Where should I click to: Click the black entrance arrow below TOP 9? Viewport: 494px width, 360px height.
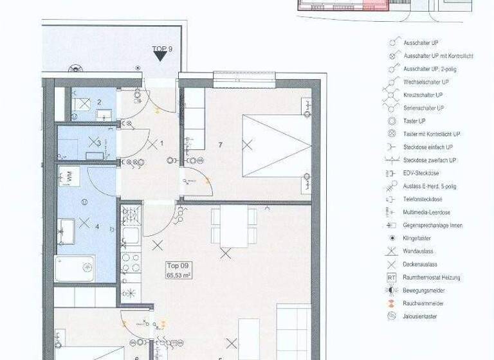coord(160,57)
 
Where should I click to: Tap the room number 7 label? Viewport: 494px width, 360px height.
coord(220,145)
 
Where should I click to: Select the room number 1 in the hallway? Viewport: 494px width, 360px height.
coord(162,143)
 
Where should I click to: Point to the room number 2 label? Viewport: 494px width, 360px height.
coord(99,102)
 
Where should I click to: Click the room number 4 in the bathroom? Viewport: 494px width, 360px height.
coord(97,226)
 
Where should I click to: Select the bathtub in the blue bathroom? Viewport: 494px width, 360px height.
coord(75,269)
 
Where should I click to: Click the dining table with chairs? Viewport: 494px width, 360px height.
coord(230,226)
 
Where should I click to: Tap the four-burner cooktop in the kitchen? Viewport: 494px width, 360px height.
coord(131,262)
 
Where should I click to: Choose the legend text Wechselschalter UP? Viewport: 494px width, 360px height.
coord(427,82)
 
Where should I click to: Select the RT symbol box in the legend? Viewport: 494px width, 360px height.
coord(391,277)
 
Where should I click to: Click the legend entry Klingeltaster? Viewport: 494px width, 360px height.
coord(421,238)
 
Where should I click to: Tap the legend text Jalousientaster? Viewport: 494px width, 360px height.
coord(422,316)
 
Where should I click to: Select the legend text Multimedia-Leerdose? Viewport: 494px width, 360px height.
coord(426,212)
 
